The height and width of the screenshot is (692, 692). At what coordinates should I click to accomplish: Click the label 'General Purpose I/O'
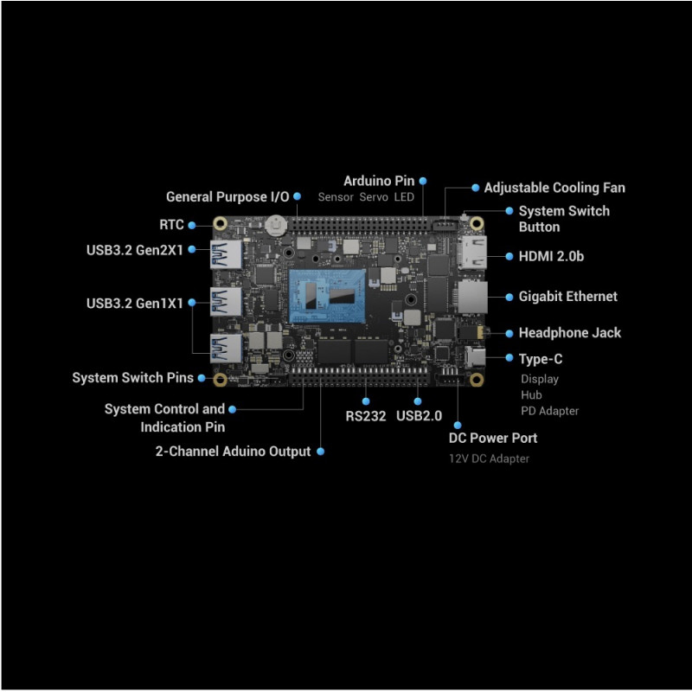click(x=227, y=197)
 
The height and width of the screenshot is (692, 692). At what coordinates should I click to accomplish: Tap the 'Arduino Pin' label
click(x=379, y=181)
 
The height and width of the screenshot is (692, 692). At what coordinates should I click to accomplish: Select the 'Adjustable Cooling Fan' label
click(x=554, y=188)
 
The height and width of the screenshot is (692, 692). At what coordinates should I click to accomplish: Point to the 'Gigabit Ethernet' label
click(x=567, y=297)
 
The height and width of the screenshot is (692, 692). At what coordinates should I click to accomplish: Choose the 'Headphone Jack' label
click(x=569, y=333)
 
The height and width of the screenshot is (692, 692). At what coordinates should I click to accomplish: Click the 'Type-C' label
click(x=540, y=359)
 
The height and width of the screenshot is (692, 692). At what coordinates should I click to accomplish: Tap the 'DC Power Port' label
click(x=492, y=439)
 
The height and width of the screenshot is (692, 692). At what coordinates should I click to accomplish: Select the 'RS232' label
click(x=365, y=416)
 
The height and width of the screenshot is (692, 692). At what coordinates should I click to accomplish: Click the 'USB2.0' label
click(x=419, y=416)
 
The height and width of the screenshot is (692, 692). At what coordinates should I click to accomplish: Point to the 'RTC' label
click(x=171, y=225)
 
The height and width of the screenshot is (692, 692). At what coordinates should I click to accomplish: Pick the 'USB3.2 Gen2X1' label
click(x=135, y=251)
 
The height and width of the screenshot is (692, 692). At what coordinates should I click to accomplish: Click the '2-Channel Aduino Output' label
click(x=233, y=452)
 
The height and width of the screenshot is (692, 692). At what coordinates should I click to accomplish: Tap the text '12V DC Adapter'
click(x=489, y=458)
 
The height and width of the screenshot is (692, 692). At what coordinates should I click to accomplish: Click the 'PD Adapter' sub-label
click(x=549, y=411)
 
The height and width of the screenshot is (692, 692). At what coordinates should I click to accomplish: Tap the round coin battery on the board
click(x=276, y=224)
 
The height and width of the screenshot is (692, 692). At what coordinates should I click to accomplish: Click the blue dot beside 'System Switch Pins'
click(x=202, y=378)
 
